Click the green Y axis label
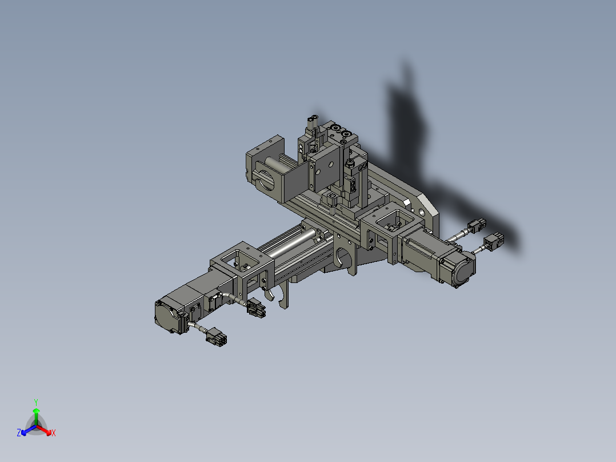pos(35,401)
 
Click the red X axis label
pos(54,433)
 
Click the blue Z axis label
pos(19,433)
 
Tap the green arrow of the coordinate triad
pos(35,414)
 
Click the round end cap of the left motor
pos(166,316)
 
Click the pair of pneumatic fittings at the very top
pos(312,122)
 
